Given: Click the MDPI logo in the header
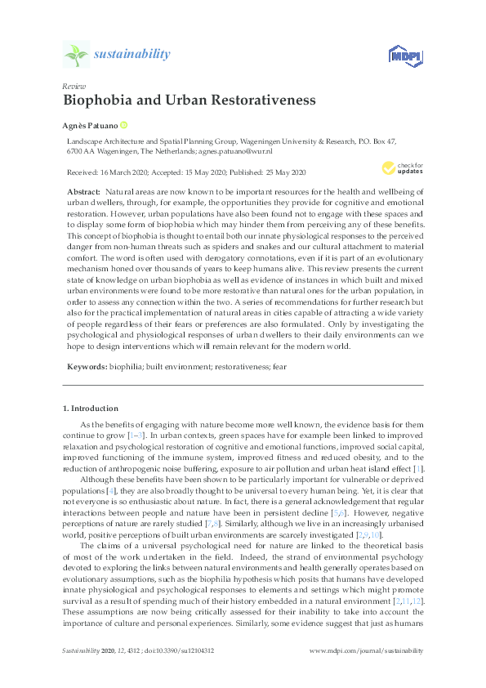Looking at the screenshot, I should click(x=403, y=55).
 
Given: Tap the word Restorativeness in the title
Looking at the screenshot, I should click(x=265, y=102).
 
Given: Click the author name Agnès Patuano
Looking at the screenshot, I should click(x=90, y=126).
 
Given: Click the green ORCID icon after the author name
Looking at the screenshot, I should click(x=124, y=126).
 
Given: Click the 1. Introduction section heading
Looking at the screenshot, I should click(x=91, y=408).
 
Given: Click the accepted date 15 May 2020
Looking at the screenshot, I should click(x=205, y=172).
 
